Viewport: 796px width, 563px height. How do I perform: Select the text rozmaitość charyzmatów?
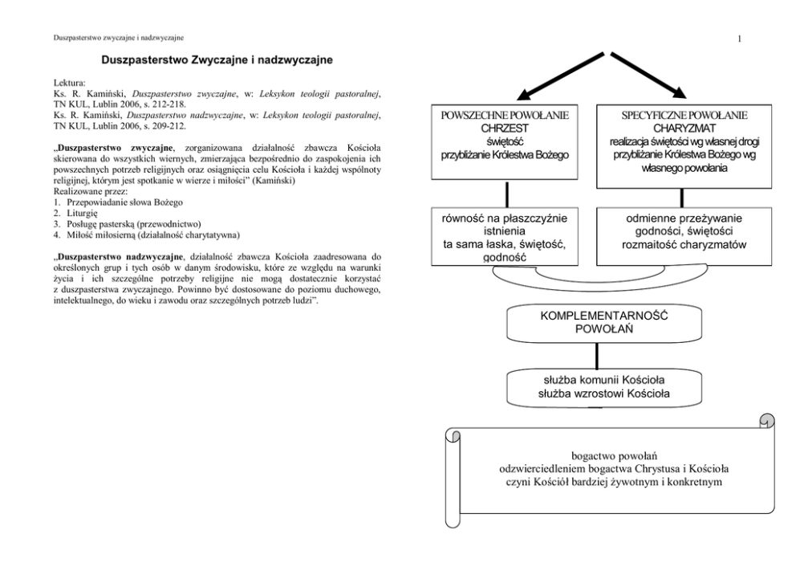tap(684, 245)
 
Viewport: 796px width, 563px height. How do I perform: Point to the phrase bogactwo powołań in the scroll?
tap(606, 455)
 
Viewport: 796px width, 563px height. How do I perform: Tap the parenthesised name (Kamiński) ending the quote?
tap(276, 182)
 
